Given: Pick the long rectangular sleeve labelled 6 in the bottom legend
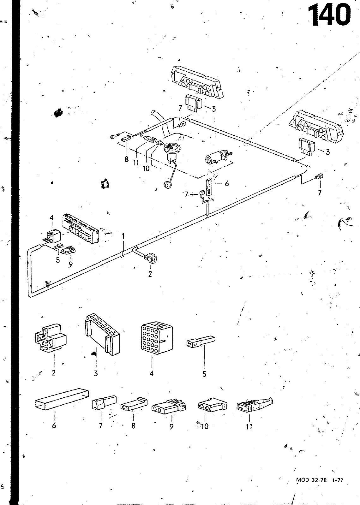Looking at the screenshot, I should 62,399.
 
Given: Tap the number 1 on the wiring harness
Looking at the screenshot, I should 123,235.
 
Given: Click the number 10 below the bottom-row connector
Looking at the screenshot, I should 205,426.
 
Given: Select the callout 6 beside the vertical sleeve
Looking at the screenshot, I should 227,183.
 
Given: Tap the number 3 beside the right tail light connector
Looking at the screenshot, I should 327,152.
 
